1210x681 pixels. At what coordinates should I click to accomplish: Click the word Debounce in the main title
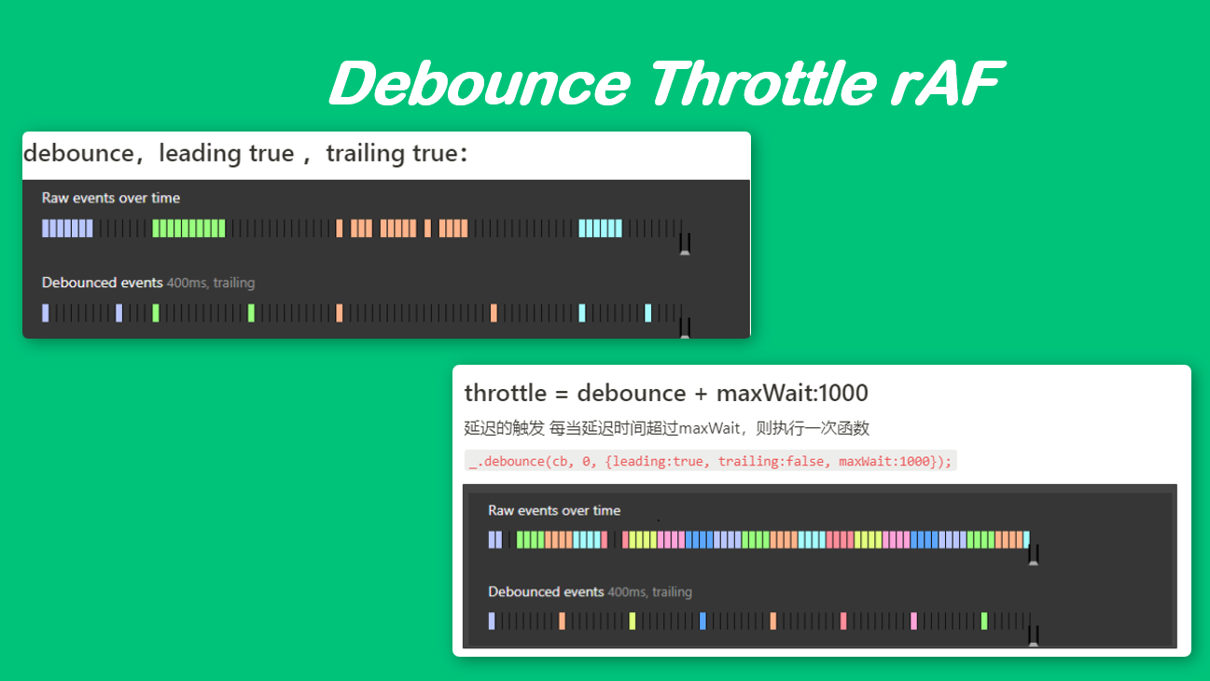click(480, 83)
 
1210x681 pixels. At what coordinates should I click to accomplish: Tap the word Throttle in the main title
click(762, 83)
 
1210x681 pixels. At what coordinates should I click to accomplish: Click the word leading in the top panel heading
click(199, 153)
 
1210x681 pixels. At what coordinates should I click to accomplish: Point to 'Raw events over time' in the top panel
click(111, 198)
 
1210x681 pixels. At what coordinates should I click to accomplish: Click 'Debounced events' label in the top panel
click(102, 283)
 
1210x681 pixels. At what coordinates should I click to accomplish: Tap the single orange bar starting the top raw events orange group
click(340, 229)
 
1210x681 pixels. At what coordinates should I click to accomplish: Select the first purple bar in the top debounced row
click(46, 313)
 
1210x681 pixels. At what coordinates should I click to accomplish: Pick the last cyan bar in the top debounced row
click(647, 313)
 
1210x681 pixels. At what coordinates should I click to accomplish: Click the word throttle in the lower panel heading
click(506, 393)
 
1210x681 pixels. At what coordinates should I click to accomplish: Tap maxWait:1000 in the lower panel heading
click(792, 393)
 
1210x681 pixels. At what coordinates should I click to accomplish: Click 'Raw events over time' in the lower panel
click(554, 510)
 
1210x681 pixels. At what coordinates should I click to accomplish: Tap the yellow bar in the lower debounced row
click(632, 621)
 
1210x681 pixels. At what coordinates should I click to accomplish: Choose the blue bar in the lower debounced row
click(702, 621)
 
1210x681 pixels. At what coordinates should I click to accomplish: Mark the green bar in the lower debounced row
click(984, 621)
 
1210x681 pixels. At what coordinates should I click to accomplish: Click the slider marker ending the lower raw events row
click(1034, 555)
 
